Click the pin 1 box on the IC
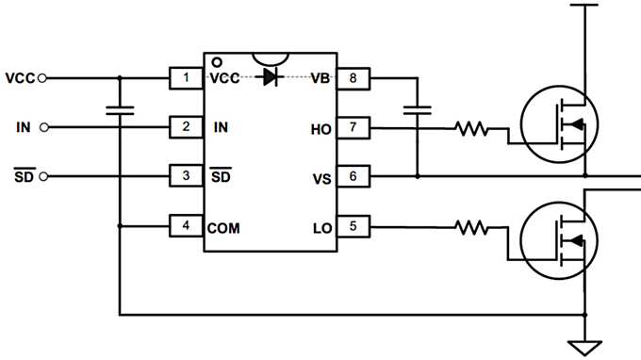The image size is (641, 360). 187,77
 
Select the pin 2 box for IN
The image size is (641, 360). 187,126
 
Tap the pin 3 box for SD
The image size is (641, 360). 187,175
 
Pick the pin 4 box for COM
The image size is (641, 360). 187,226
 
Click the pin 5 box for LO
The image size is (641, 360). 353,226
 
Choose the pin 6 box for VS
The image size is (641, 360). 353,175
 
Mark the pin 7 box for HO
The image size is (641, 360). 353,126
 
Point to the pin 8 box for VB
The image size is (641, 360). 353,77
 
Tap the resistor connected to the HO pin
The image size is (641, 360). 471,127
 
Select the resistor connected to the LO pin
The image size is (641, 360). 471,227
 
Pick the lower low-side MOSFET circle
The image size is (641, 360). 556,240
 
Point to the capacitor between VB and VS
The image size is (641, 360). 416,110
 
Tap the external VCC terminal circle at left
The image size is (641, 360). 41,77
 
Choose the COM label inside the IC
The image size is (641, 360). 223,227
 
